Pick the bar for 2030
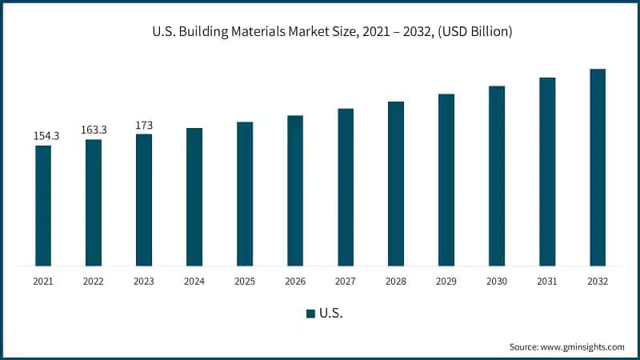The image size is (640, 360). (497, 175)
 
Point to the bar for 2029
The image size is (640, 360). (446, 179)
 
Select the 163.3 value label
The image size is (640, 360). (94, 130)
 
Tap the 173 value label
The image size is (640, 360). (144, 125)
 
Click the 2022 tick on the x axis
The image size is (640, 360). (94, 282)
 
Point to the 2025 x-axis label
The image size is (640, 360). (245, 282)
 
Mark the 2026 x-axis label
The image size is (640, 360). (295, 282)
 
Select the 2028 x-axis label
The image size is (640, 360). (396, 282)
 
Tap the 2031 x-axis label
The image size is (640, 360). (547, 282)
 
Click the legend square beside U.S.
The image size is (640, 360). (310, 314)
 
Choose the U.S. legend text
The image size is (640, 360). (330, 314)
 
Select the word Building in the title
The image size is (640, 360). (203, 32)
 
